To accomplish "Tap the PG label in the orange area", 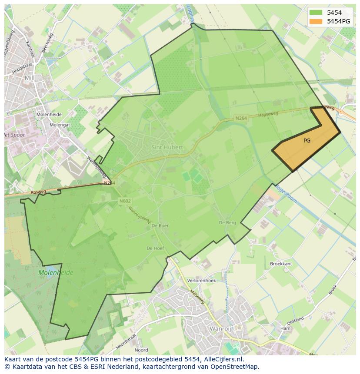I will pos(307,141).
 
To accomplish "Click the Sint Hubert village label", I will pos(167,147).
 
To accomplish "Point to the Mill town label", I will pos(30,78).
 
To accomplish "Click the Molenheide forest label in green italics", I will pos(56,273).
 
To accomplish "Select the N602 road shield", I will pos(125,201).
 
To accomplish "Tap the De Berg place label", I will pos(227,223).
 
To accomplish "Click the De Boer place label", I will pos(160,226).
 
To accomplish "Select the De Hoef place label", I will pos(155,248).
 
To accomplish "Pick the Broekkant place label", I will pos(281,264).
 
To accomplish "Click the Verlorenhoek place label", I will pos(201,281).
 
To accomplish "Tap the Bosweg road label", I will pos(38,192).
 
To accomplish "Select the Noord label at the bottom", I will pos(141,350).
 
